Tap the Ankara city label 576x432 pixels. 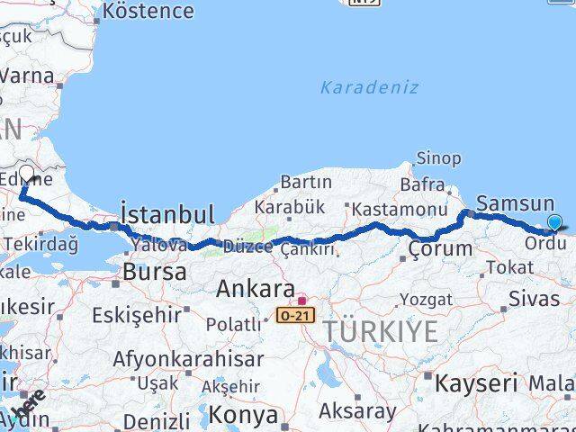pos(256,290)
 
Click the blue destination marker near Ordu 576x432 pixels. pos(554,223)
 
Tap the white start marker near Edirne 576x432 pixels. pos(26,173)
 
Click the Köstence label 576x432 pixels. pos(148,12)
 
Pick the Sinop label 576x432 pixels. pos(438,158)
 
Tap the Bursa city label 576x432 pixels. pos(154,271)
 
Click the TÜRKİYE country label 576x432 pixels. pos(381,331)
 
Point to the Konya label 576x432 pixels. pos(243,415)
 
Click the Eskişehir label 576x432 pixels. pos(138,317)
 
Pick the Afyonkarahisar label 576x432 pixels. pos(188,359)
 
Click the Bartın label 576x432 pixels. pos(307,183)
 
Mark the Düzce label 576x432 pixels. pos(246,246)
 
